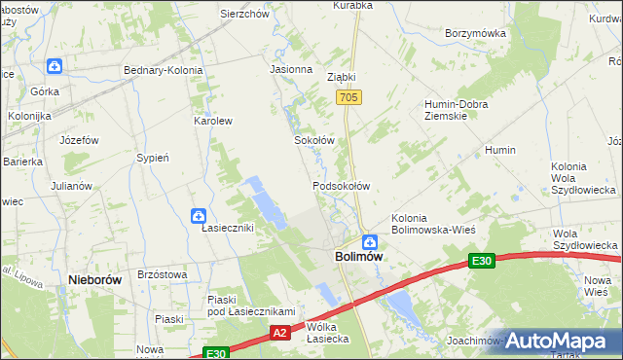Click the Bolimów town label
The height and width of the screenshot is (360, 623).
358,257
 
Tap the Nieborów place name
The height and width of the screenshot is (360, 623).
94,279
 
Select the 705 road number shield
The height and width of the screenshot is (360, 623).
350,98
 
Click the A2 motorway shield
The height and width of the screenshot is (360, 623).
279,333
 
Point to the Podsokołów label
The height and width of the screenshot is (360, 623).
341,185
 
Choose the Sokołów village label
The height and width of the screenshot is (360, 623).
314,140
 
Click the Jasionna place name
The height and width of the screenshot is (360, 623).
290,70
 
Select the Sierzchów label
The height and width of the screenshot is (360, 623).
244,15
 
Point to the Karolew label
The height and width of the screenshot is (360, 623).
213,122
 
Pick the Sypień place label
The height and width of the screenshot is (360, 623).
154,158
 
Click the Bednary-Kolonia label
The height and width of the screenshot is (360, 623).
163,70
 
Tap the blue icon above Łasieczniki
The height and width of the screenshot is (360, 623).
199,215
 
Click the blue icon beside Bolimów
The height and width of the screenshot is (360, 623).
370,241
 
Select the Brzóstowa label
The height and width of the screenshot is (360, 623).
163,275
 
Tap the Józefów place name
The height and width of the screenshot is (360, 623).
79,140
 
